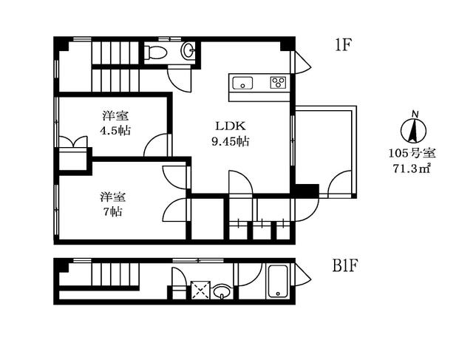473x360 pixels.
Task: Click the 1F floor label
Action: coord(343,45)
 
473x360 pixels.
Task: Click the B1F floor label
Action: coord(345,265)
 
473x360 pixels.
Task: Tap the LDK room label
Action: coord(231,126)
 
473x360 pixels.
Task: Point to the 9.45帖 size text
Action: coord(230,141)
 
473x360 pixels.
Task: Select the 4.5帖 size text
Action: coord(115,130)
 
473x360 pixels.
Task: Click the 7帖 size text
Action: coord(113,211)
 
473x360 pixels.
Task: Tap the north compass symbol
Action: coord(414,128)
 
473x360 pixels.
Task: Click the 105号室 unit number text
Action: coord(412,153)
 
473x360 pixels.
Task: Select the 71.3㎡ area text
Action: coord(412,168)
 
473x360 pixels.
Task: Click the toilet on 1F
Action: coord(155,52)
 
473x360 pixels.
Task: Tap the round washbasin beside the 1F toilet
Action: coord(188,50)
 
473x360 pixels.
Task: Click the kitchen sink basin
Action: coord(242,83)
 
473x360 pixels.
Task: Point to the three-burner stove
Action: coord(278,82)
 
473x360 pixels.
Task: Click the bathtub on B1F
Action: coord(278,281)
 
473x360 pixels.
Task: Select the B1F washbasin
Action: coord(222,291)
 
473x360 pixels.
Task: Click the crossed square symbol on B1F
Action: coord(200,290)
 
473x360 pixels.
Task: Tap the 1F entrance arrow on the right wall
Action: coord(302,63)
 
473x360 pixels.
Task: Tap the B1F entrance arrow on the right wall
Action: coord(302,274)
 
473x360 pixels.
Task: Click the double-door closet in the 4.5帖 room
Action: coord(74,142)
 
